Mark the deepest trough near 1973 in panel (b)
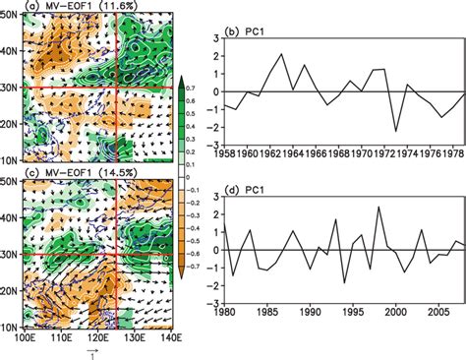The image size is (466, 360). click(396, 131)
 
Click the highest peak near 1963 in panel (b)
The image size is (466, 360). click(281, 54)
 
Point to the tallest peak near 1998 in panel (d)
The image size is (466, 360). click(379, 207)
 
